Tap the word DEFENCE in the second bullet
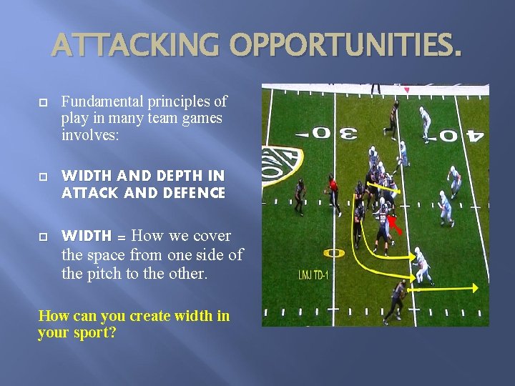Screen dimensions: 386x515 click(197, 193)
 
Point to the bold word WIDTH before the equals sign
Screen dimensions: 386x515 click(87, 236)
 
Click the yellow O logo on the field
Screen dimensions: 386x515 click(333, 253)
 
